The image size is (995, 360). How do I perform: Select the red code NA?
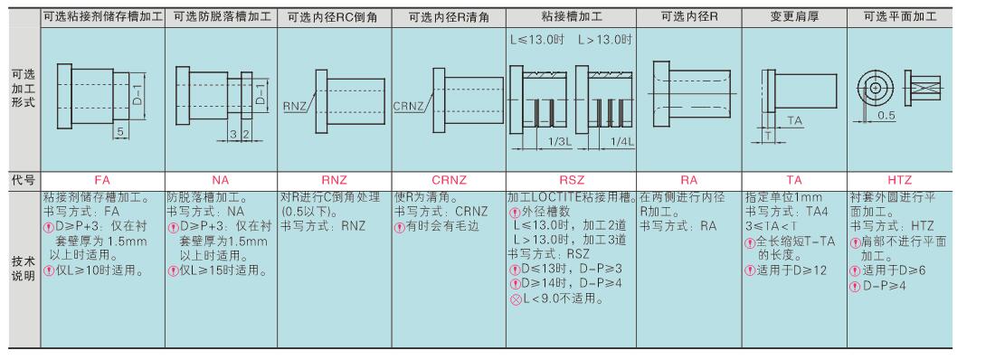(220, 180)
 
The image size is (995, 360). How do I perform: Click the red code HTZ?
(899, 180)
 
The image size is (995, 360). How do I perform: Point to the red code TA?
(794, 180)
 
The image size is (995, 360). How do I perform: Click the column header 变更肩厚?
(794, 17)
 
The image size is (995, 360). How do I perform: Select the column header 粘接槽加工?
(571, 17)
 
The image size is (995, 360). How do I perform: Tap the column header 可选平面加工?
(899, 17)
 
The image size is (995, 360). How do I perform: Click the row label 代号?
(21, 180)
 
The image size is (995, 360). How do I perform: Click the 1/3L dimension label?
(558, 142)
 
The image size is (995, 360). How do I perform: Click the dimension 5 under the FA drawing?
(120, 133)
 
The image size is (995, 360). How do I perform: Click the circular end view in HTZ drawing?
(875, 87)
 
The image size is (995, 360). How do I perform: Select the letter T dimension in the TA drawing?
(768, 136)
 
